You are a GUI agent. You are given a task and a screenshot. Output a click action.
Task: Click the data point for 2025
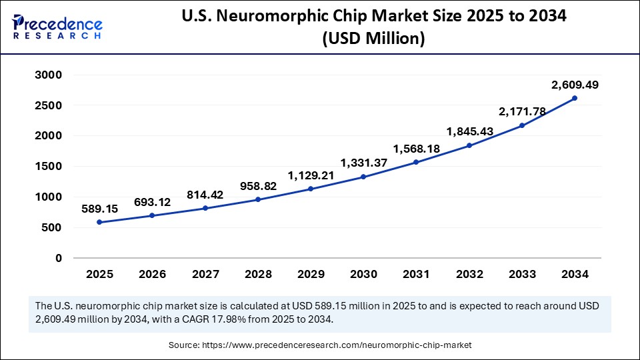99,222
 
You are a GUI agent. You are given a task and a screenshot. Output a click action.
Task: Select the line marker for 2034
575,98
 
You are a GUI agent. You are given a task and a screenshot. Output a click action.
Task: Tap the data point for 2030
363,177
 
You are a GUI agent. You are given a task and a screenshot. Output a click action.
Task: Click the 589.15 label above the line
99,209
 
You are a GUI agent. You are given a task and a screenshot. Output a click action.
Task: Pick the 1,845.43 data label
469,131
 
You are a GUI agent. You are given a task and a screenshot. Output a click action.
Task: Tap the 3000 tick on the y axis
48,75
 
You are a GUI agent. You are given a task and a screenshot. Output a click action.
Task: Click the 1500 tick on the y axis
48,167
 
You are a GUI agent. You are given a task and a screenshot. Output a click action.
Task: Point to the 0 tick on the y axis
59,258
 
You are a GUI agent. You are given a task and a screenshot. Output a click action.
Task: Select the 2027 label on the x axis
205,274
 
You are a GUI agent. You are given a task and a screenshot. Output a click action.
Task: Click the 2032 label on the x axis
469,274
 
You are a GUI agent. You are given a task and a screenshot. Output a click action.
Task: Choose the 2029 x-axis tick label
311,274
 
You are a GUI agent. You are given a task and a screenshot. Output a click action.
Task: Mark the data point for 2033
522,125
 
